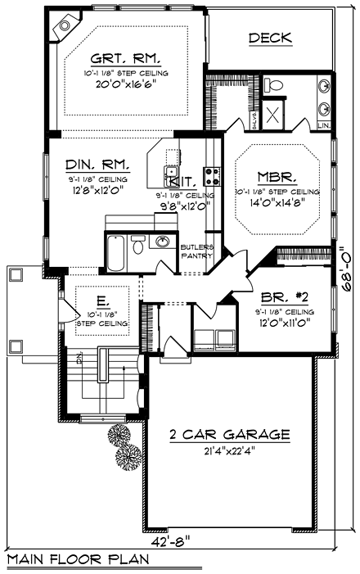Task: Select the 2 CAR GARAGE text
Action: pyautogui.click(x=229, y=434)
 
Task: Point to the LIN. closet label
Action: pyautogui.click(x=325, y=125)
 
